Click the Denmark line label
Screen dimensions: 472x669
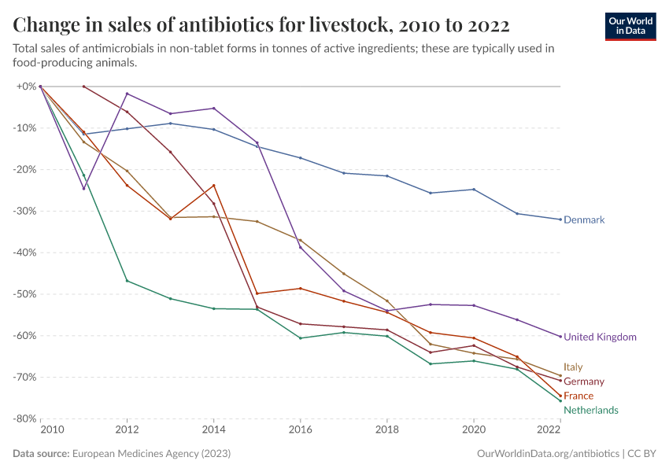tap(584, 220)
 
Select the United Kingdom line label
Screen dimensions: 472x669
tap(600, 337)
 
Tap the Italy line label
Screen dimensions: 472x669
tap(573, 367)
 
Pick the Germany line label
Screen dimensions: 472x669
tap(584, 382)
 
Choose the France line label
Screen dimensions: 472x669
tap(578, 396)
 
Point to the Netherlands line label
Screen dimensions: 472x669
tap(590, 410)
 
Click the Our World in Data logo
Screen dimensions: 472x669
tap(630, 26)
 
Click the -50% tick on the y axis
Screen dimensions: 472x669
tap(26, 294)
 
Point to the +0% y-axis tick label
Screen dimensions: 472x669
tap(26, 87)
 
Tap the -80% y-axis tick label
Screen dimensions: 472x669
tap(26, 419)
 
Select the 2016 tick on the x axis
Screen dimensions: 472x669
tap(300, 430)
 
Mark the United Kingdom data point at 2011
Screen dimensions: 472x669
tap(83, 189)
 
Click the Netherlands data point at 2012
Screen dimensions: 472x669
tap(127, 281)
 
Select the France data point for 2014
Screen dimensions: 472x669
tap(213, 186)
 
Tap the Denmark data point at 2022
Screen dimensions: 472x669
tap(560, 219)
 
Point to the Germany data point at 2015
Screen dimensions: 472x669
tap(257, 307)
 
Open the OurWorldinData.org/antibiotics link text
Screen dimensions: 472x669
tap(549, 454)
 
